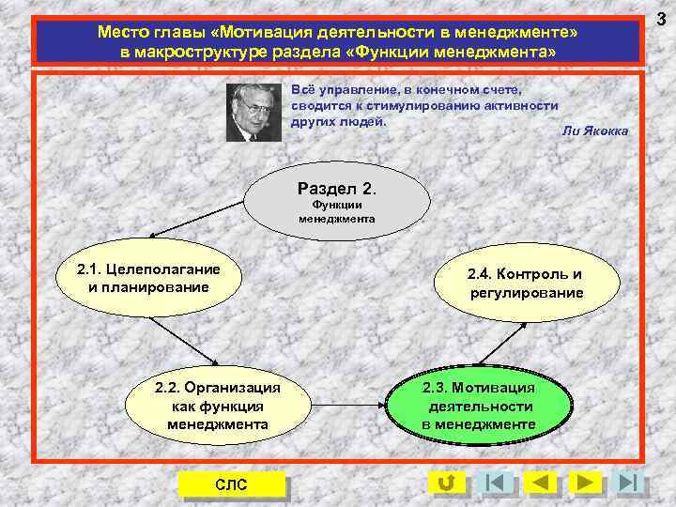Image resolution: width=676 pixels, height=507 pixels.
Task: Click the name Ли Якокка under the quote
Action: pos(593,131)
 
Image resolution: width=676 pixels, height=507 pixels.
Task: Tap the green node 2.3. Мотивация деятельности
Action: pos(478,405)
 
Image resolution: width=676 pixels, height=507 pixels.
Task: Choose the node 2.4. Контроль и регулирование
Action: pos(526,283)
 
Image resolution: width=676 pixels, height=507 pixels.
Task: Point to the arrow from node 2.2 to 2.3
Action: pos(347,406)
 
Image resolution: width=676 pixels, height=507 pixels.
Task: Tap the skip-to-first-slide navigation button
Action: pos(495,484)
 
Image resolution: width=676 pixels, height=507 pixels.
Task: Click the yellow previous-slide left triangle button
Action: pos(539,484)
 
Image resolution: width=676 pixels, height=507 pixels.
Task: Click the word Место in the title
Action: pos(119,33)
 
